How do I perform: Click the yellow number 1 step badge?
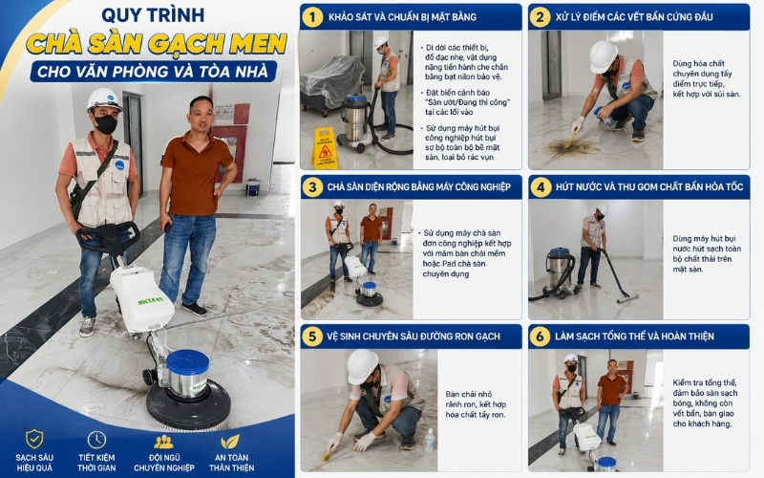[x=312, y=17]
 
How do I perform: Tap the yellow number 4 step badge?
[x=541, y=187]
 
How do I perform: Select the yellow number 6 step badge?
[x=540, y=337]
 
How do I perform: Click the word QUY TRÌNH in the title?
[x=153, y=15]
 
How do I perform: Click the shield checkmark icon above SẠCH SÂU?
[x=34, y=440]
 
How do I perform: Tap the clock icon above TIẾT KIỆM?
[x=96, y=440]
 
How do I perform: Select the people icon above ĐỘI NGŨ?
[x=163, y=442]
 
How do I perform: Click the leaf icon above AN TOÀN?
[x=230, y=442]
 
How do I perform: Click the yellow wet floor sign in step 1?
[x=325, y=148]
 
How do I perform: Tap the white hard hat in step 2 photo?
[x=603, y=56]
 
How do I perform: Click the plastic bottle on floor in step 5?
[x=429, y=440]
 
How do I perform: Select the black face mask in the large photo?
[x=105, y=124]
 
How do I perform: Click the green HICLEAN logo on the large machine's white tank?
[x=151, y=300]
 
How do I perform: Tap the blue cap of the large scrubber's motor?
[x=187, y=361]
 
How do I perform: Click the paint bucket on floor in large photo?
[x=253, y=187]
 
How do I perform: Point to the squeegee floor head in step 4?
[x=627, y=298]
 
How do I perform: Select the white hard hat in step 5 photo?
[x=362, y=366]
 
